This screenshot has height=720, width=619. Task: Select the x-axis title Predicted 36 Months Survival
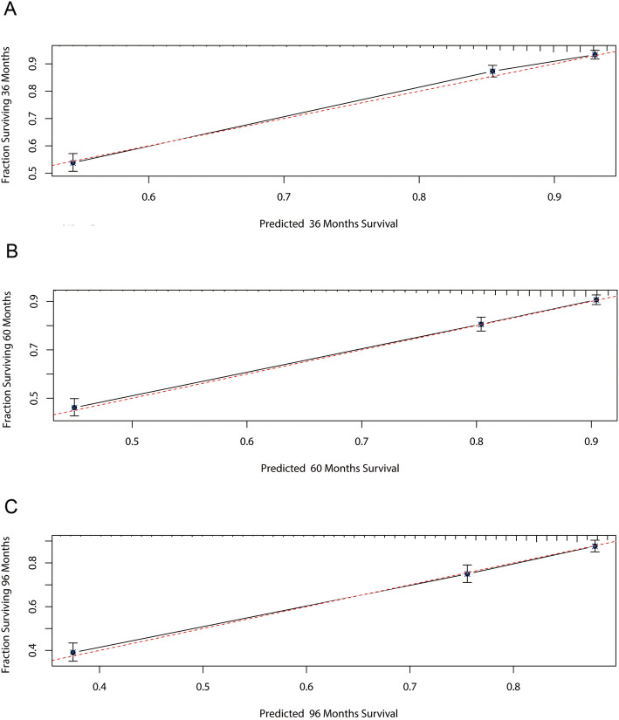329,223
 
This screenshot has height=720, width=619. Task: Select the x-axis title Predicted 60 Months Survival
329,468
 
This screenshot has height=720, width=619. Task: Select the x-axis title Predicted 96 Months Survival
329,710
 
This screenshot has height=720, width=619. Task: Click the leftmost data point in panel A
73,162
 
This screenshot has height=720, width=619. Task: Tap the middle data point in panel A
492,72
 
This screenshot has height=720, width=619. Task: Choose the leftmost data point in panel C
73,652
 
